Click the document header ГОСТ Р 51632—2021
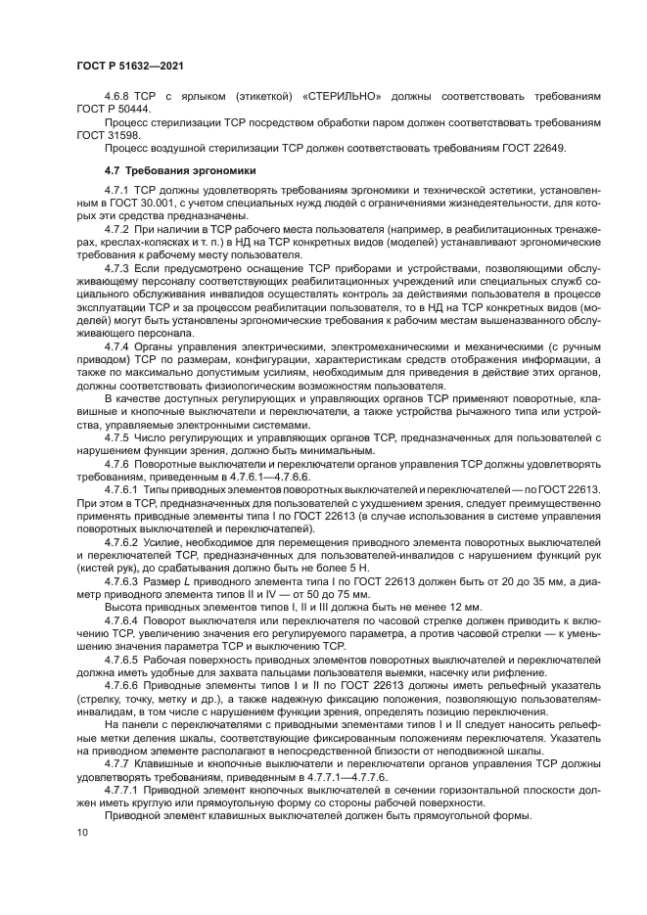coord(130,65)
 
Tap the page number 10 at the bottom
coord(81,833)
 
